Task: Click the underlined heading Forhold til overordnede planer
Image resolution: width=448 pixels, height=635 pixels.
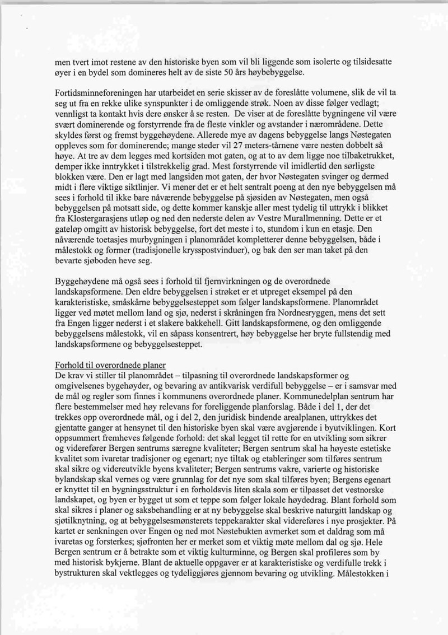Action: tap(112, 364)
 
